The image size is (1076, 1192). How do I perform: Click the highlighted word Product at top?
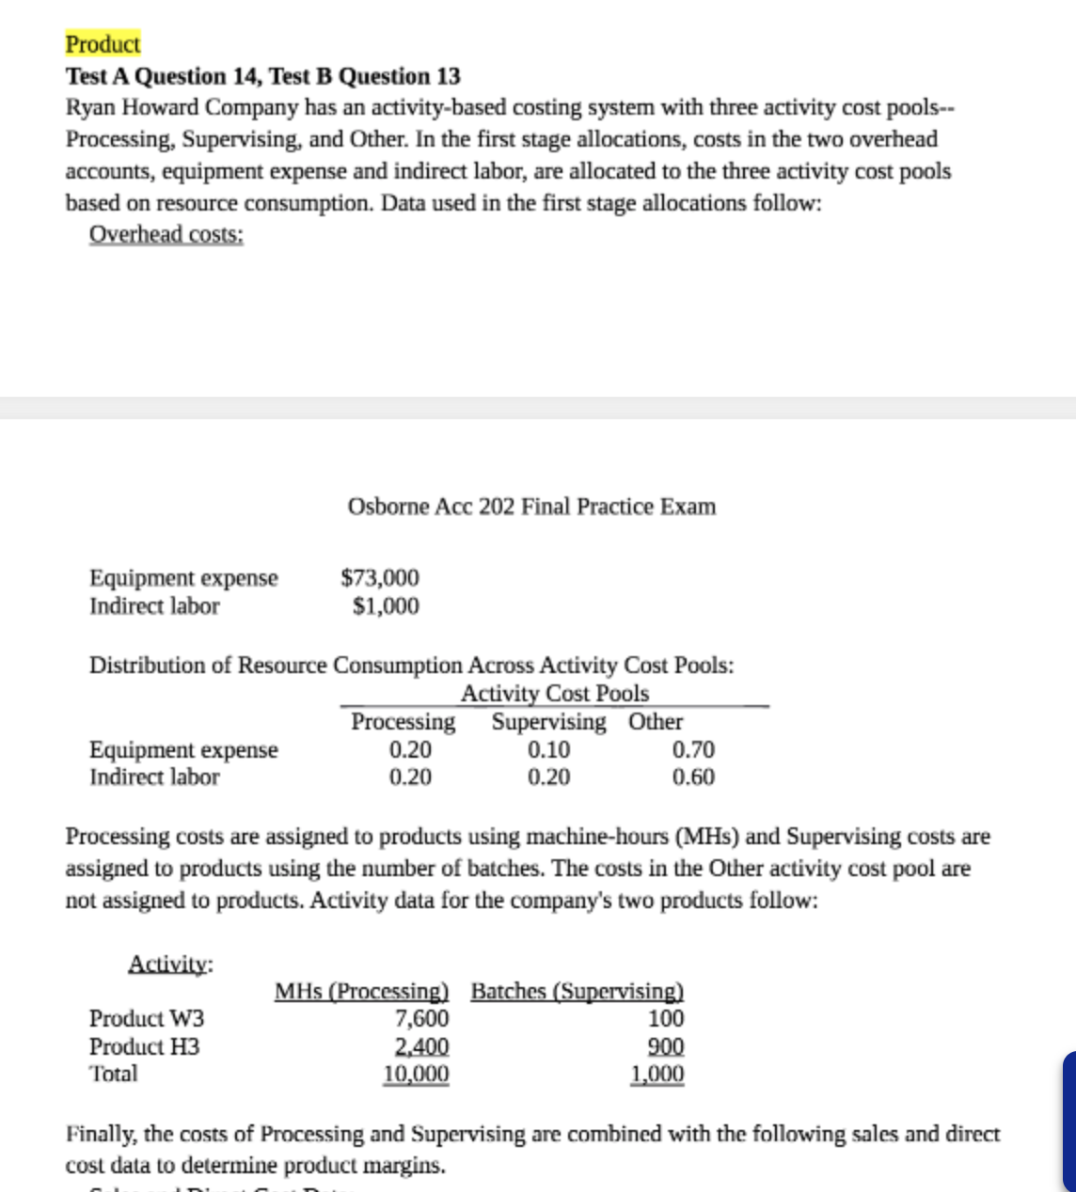coord(103,44)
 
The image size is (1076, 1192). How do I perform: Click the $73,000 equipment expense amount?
coord(380,577)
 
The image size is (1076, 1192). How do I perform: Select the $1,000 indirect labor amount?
coord(387,606)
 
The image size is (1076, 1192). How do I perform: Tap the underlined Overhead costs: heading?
coord(166,235)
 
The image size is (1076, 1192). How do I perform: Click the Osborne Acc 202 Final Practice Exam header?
coord(531,507)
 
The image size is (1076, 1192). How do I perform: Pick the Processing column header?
coord(403,722)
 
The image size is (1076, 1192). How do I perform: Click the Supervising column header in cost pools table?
coord(549,722)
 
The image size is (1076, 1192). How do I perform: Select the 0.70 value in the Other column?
coord(694,749)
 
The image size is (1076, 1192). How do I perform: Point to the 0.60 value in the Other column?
coord(694,777)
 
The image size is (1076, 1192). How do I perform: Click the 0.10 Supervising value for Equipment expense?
coord(548,749)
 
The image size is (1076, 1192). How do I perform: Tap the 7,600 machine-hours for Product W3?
coord(421,1019)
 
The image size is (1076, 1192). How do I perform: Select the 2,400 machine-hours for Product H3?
coord(421,1046)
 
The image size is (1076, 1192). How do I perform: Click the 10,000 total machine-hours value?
coord(416,1074)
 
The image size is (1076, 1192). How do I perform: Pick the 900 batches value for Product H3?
coord(667,1046)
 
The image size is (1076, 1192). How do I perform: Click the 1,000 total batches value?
coord(657,1074)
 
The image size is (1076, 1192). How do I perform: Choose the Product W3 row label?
coord(147,1019)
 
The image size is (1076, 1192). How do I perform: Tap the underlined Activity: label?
coord(170,964)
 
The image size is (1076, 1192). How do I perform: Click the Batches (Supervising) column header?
coord(577,992)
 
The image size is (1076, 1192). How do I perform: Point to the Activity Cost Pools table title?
coord(555,695)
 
